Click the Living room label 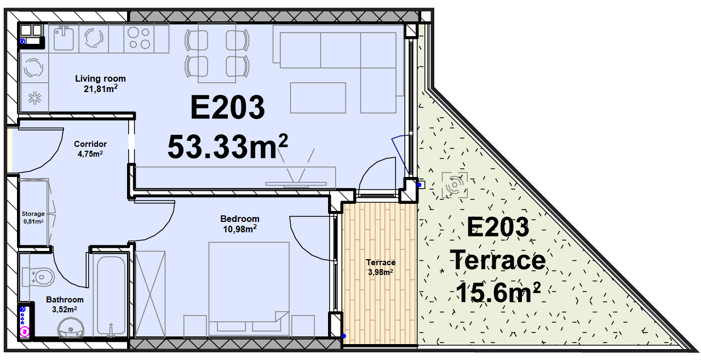point(100,78)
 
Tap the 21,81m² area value point(100,89)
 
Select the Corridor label point(90,144)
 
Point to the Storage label point(33,214)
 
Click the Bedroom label point(240,219)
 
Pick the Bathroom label point(65,300)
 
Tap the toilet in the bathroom point(38,277)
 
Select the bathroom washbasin point(71,328)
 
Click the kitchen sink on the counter point(64,38)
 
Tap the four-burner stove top point(139,38)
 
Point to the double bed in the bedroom point(249,287)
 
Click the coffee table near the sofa point(318,98)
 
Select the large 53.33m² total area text point(227,146)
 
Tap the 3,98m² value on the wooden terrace point(381,272)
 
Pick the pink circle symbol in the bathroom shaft point(25,331)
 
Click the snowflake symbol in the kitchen point(35,98)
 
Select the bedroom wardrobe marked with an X point(150,294)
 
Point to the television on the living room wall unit point(296,184)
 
